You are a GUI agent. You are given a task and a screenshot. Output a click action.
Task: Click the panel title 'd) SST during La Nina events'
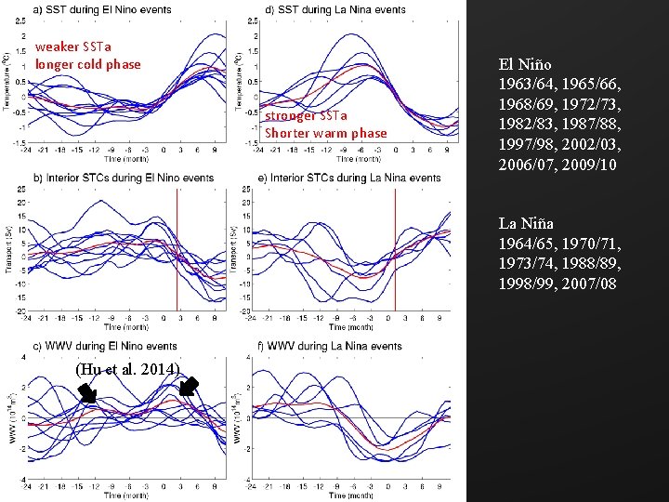(x=335, y=9)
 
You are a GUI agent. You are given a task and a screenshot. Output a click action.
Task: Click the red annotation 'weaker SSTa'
(x=71, y=47)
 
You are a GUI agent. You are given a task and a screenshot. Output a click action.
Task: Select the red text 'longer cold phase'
(x=88, y=64)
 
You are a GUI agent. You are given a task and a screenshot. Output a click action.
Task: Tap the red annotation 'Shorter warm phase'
(x=325, y=133)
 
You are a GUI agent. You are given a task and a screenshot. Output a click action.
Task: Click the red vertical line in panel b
(x=177, y=251)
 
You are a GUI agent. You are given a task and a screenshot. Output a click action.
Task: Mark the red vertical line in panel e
(x=396, y=251)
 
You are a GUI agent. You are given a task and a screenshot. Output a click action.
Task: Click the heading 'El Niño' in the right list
(x=527, y=65)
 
